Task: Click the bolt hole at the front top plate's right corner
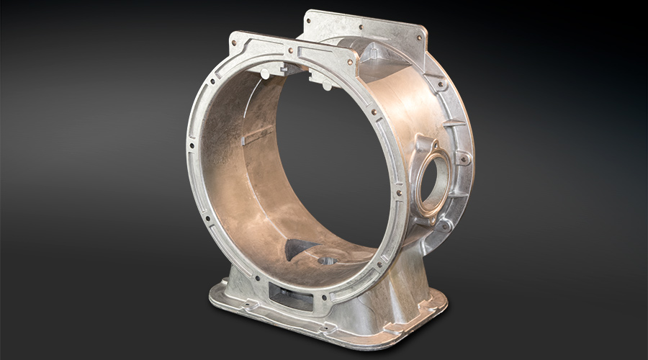(351, 62)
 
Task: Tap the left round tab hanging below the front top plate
(265, 73)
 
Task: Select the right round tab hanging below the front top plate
(325, 85)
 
